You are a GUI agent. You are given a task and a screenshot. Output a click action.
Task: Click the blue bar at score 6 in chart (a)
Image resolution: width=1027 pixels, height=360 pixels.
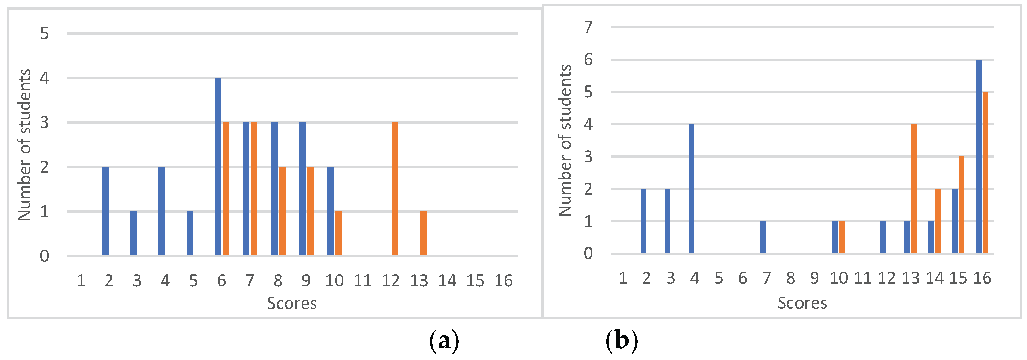[x=218, y=167]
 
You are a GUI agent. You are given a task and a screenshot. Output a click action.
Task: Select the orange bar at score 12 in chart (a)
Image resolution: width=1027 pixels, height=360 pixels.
[x=395, y=189]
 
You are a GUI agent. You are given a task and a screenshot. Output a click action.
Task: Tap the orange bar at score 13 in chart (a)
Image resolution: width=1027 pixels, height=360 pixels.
[x=423, y=234]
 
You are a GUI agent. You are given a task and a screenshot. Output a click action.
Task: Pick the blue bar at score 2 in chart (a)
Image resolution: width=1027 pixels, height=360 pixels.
[x=105, y=211]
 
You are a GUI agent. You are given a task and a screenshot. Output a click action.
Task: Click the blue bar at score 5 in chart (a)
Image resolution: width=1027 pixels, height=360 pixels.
[x=190, y=234]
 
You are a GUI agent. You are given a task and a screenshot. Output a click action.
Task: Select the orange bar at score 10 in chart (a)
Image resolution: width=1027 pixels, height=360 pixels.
[x=338, y=234]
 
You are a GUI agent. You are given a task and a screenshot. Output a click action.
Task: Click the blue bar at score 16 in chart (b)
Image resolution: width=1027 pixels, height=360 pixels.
[x=978, y=156]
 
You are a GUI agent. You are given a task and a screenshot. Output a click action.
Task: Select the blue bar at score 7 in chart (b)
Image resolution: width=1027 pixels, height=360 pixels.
[x=763, y=237]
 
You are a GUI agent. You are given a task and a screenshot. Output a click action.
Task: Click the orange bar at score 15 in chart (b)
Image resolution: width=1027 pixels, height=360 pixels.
[x=961, y=205]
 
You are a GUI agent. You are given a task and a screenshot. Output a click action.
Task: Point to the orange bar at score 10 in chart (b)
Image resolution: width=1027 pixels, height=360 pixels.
[x=842, y=237]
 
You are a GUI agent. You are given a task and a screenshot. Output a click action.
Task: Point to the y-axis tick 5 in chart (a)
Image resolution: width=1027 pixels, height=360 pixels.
[x=44, y=33]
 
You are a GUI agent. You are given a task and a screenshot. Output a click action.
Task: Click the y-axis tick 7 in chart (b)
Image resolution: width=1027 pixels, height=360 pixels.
[x=588, y=28]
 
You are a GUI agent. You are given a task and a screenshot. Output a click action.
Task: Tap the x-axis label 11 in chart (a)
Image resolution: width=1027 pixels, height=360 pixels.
[x=362, y=281]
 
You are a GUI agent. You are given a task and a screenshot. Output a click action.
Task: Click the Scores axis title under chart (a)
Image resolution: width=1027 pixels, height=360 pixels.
[x=292, y=304]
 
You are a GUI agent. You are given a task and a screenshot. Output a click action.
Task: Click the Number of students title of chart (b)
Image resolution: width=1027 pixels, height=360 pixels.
[x=565, y=140]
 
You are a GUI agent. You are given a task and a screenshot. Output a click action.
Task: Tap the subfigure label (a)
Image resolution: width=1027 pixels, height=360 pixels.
[x=444, y=341]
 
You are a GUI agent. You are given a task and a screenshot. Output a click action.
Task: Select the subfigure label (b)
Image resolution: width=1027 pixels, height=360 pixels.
[x=622, y=341]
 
